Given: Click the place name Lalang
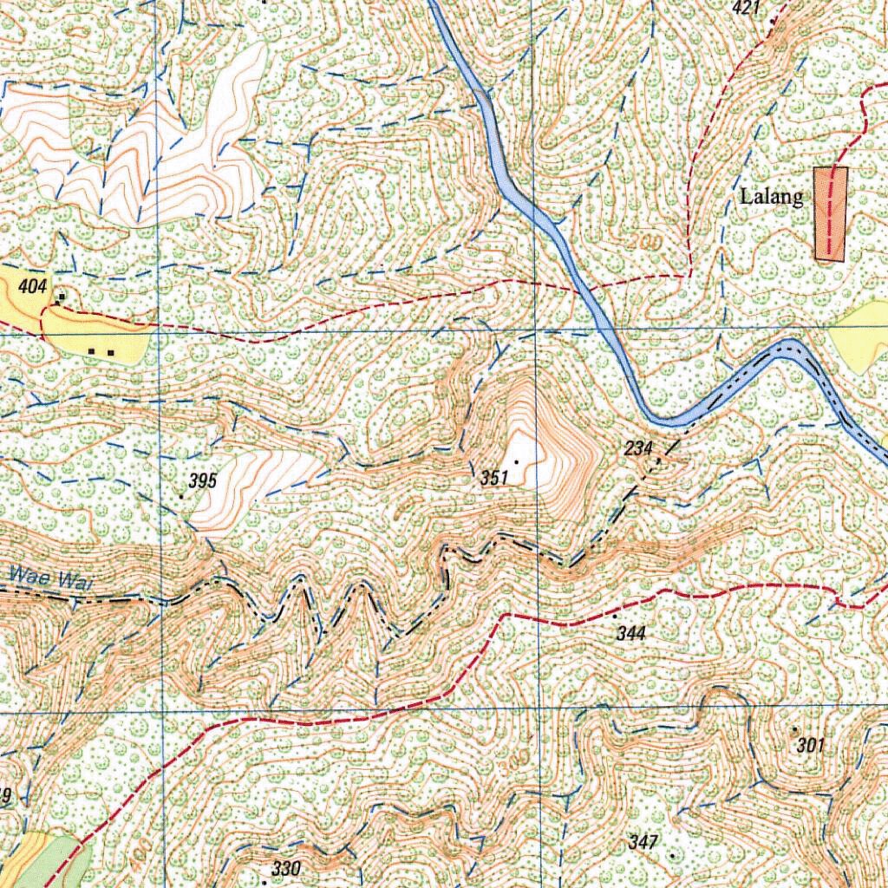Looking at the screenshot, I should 771,197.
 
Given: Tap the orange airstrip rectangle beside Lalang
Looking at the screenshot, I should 830,213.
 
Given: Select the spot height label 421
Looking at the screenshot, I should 745,9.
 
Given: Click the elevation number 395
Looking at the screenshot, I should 202,482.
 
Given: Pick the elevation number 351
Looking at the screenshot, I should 493,478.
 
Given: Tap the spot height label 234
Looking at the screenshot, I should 637,447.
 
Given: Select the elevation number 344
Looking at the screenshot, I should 631,634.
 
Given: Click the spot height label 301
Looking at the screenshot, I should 809,745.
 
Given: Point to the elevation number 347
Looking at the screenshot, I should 644,842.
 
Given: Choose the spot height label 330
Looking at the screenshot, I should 285,869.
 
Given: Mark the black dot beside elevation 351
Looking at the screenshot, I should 517,461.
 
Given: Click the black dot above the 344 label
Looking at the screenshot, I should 616,615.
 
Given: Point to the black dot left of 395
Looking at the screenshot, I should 180,496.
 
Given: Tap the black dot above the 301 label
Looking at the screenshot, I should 794,729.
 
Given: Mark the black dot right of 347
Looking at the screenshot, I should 672,854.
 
